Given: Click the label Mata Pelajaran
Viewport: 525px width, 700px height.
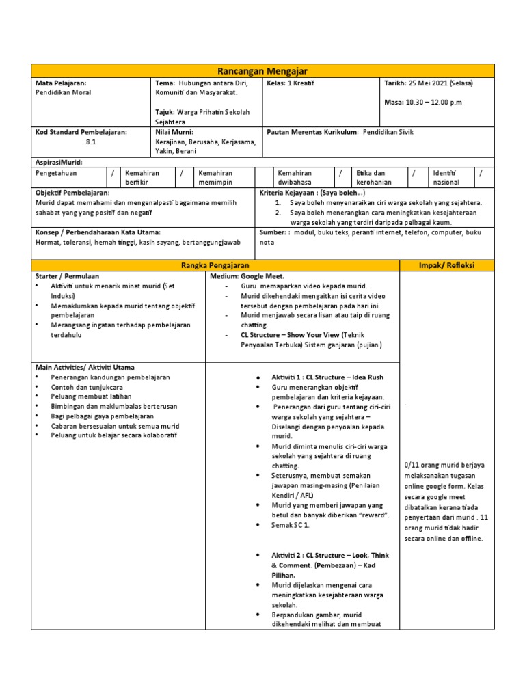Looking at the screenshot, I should click(x=61, y=83).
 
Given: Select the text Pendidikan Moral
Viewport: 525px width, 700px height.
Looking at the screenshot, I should click(x=63, y=92).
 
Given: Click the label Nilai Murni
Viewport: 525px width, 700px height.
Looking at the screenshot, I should click(x=174, y=131).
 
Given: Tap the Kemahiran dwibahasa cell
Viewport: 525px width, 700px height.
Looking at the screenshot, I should click(x=295, y=178).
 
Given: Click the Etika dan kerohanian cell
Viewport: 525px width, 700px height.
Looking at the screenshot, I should click(x=371, y=178).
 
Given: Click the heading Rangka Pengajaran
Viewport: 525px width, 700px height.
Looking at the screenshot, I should click(x=215, y=265).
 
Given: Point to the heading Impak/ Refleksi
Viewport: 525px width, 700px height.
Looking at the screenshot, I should click(x=447, y=265).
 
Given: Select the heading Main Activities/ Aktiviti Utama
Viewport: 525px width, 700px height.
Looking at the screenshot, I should click(x=84, y=367).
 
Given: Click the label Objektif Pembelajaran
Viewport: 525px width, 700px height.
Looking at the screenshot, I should click(x=74, y=193).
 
